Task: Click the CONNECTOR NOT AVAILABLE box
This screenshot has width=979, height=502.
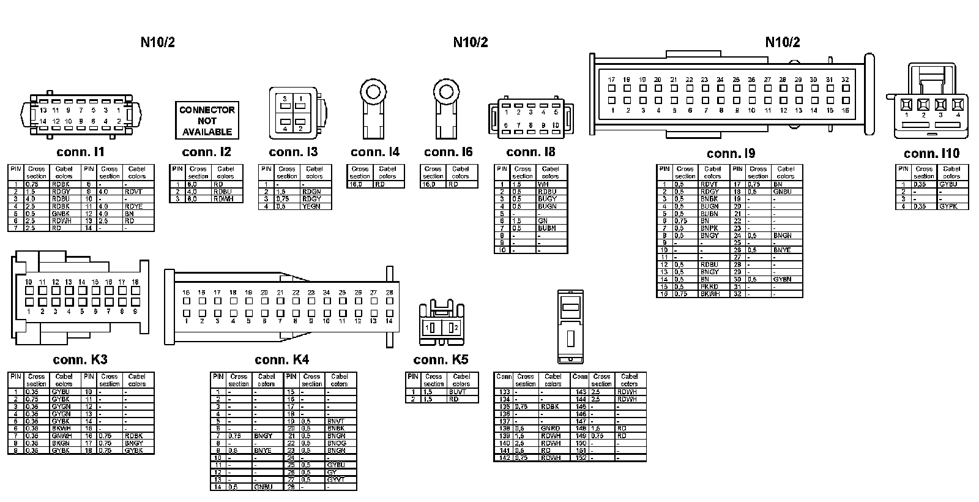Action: (x=207, y=121)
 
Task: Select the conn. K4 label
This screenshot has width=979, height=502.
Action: (x=281, y=359)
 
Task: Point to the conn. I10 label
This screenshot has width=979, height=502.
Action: (x=931, y=153)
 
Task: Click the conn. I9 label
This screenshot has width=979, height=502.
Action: (x=731, y=153)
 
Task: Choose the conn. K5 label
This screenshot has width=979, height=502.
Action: (x=441, y=359)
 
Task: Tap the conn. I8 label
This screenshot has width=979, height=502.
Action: (x=530, y=152)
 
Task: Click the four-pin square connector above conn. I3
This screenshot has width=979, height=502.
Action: (x=293, y=113)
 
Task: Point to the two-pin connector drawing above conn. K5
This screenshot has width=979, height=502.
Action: (x=441, y=322)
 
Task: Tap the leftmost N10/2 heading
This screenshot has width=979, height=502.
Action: (x=158, y=42)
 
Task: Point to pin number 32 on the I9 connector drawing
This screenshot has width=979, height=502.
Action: (x=845, y=80)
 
